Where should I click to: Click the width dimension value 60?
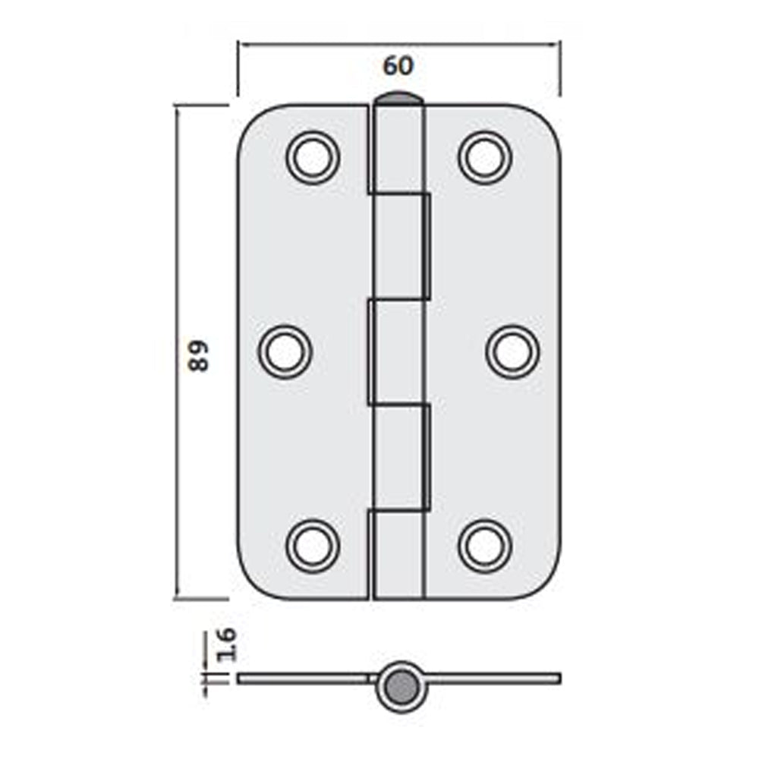[398, 67]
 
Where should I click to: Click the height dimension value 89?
[198, 354]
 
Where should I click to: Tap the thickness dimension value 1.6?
[226, 644]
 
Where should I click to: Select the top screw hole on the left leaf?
[312, 157]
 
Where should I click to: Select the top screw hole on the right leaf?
[485, 157]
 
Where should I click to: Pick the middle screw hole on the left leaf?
[285, 352]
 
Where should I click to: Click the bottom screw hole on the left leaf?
[312, 545]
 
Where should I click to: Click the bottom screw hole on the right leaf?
[485, 545]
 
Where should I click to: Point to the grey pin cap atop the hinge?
[398, 99]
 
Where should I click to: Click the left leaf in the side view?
[304, 678]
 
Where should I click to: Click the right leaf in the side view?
[493, 678]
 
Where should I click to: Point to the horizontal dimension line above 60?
[398, 44]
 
